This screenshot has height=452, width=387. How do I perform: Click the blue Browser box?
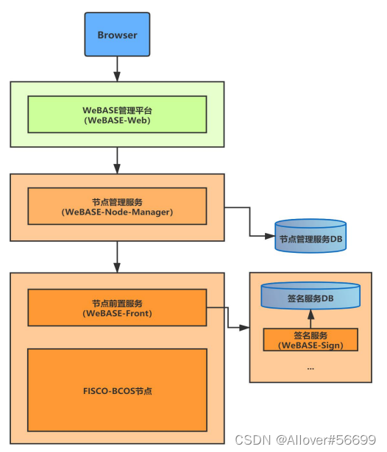tap(117, 35)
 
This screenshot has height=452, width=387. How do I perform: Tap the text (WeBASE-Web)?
tap(117, 121)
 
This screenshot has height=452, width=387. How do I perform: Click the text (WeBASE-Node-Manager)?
tap(117, 212)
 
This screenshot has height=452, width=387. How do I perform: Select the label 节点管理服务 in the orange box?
tap(117, 201)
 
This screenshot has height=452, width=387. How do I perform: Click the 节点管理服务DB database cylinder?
tap(309, 237)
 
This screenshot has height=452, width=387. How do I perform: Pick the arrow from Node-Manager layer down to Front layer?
tap(117, 257)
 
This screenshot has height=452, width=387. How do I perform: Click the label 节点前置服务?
tap(117, 303)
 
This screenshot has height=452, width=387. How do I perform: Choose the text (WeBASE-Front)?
tap(117, 313)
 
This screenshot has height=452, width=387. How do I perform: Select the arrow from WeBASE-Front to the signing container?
tap(228, 318)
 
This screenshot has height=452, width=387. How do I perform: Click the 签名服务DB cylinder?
tap(310, 298)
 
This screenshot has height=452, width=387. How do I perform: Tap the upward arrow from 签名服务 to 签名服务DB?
tap(310, 318)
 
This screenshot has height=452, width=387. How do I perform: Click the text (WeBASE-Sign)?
tap(310, 345)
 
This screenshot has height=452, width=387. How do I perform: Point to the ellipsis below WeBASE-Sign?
tap(310, 366)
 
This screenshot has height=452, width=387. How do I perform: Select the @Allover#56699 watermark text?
tap(327, 439)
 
